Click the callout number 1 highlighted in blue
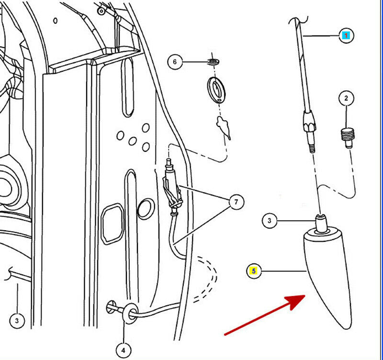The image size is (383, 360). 346,35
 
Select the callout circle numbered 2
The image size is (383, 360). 346,98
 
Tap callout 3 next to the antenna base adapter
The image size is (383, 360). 270,221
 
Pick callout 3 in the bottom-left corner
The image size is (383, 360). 17,321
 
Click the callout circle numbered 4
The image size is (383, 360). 124,351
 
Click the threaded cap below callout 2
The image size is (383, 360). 348,137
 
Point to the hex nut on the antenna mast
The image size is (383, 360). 309,121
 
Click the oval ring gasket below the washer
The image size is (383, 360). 216,90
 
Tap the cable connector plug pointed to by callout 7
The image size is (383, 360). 172,186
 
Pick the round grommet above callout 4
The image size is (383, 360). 130,314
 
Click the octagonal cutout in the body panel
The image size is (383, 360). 113,224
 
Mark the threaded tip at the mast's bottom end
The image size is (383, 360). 312,148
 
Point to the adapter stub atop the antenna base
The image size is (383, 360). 321,222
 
